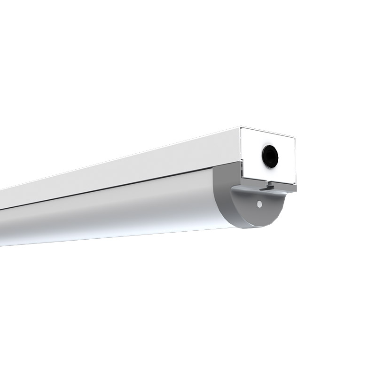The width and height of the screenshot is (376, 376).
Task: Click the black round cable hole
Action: coord(270,156)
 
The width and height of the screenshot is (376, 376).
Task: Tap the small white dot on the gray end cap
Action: coord(258,204)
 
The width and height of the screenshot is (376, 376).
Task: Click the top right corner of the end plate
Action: coord(295,137)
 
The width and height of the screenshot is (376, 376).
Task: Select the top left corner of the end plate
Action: coord(240,127)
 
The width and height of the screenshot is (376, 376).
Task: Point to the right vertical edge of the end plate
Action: coord(296,162)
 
